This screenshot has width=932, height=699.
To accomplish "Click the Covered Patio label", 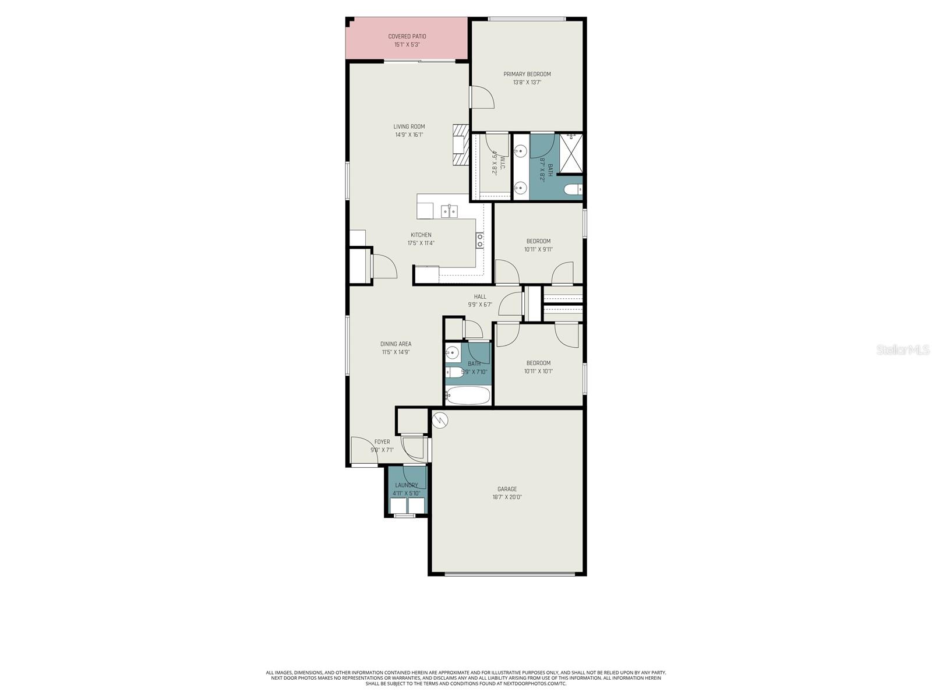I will [x=407, y=36].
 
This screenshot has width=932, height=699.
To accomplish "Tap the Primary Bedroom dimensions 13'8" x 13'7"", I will [x=527, y=83].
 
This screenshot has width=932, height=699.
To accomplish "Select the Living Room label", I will [x=409, y=126].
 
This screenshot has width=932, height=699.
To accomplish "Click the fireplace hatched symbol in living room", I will [x=460, y=146].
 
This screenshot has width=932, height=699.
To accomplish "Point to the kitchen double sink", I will [x=449, y=211].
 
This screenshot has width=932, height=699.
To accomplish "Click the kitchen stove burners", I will [x=480, y=240].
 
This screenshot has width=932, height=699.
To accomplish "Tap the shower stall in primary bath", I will [x=570, y=154].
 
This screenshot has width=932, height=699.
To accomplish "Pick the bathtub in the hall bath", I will [x=468, y=396].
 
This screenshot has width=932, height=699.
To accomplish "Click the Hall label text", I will [x=480, y=296].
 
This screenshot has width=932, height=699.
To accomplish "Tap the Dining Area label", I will [x=396, y=344].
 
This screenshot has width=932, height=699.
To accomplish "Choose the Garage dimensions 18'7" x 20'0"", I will [x=507, y=497].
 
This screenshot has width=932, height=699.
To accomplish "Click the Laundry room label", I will [x=407, y=485].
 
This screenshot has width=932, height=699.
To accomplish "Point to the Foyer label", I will [x=382, y=442].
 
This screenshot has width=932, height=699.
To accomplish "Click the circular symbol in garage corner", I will [x=440, y=419].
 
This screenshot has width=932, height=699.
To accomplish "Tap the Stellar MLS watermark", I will [x=902, y=350].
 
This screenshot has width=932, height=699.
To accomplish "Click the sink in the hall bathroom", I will [x=453, y=352].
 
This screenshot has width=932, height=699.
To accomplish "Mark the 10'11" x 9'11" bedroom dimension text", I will [x=538, y=249].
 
